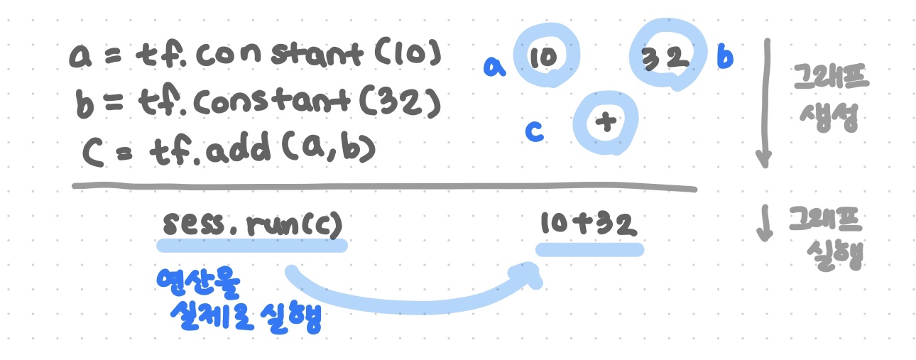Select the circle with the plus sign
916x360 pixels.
click(606, 123)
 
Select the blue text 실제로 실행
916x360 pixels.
click(246, 317)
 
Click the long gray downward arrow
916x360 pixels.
click(765, 103)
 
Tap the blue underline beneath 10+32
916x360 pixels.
click(589, 249)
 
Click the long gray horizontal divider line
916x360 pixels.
click(383, 186)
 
